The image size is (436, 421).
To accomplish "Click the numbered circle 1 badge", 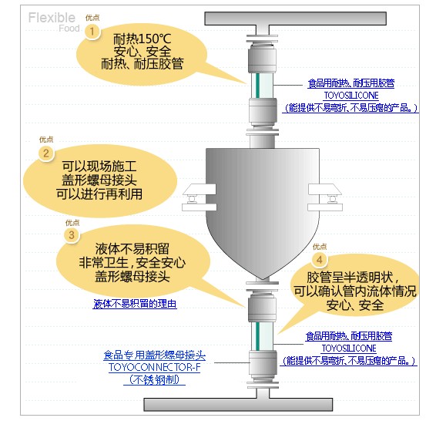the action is click(x=92, y=32).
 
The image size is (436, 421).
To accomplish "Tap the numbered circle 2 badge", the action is click(x=46, y=153).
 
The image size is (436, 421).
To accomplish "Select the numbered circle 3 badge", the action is click(x=72, y=235).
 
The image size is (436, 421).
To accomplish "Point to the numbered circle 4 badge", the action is click(x=320, y=260).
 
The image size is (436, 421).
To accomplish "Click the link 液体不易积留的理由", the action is click(x=135, y=304).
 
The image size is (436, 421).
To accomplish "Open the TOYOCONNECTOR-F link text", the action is click(x=154, y=367).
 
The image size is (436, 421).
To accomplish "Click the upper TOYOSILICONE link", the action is click(x=351, y=96).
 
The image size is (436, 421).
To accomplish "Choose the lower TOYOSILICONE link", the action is click(x=349, y=348).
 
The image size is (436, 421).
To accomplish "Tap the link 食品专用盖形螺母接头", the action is click(x=154, y=355).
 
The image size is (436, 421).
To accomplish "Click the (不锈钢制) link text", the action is click(x=154, y=379).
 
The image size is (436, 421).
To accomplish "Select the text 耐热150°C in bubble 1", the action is click(x=142, y=39).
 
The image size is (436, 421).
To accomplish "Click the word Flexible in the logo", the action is click(x=52, y=18).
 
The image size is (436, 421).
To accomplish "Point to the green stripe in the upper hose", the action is click(x=257, y=86).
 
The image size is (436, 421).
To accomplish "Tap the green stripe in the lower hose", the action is click(x=257, y=336).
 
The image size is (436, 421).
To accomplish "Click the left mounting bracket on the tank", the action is click(x=199, y=197).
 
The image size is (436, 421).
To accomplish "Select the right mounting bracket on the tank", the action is click(x=325, y=197).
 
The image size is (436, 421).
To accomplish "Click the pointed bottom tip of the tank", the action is click(x=263, y=279).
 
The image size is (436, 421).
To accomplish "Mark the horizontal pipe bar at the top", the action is click(x=295, y=19).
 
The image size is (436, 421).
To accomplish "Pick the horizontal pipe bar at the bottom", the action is click(x=238, y=405).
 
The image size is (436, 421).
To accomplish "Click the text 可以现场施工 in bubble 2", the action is click(x=99, y=167).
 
